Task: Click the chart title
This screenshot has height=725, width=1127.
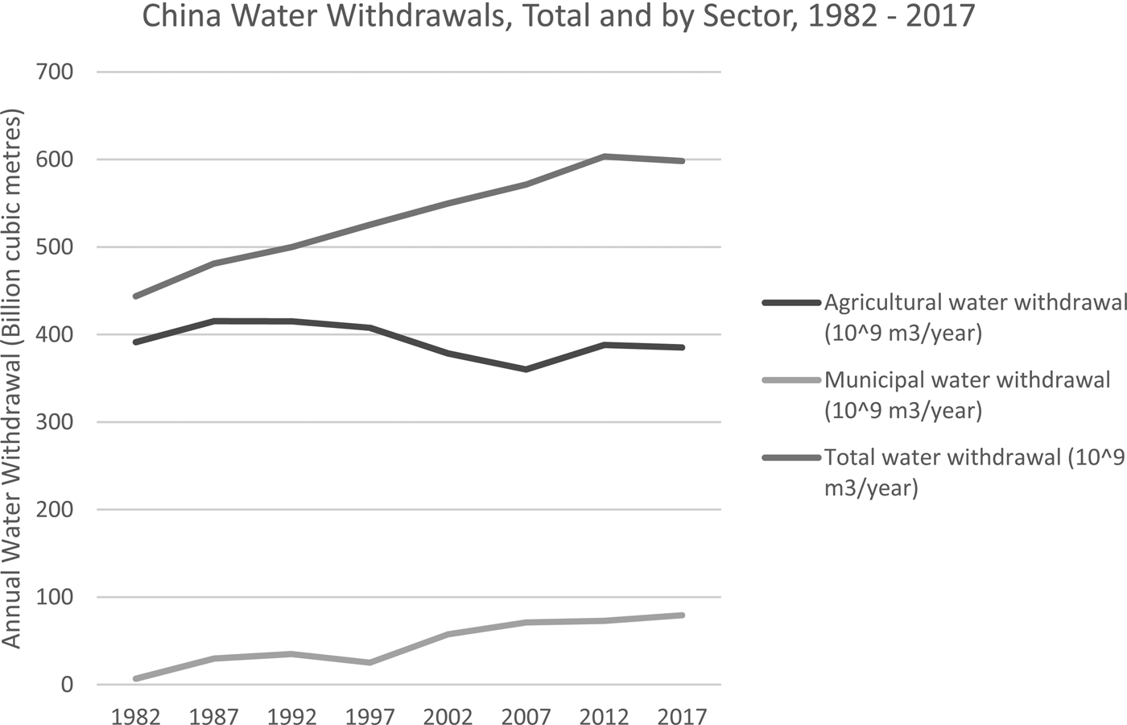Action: coord(559,18)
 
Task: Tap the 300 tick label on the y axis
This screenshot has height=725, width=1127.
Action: coord(56,422)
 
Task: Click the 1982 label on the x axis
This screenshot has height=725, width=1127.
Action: coord(136,715)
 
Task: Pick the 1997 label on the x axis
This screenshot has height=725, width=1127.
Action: coord(369,715)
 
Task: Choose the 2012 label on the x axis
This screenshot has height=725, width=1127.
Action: coord(604,715)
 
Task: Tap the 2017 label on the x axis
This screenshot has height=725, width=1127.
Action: coord(681,715)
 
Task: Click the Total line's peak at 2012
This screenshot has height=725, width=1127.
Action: coord(604,156)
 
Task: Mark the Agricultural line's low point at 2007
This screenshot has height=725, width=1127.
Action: coord(526,369)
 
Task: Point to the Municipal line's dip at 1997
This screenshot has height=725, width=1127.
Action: coord(369,662)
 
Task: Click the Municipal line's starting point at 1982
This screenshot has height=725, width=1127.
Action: coord(136,678)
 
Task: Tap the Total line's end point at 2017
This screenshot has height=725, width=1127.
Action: coord(682,161)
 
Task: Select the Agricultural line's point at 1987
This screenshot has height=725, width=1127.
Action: coord(214,321)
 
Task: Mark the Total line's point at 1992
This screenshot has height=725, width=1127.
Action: coord(291,246)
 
